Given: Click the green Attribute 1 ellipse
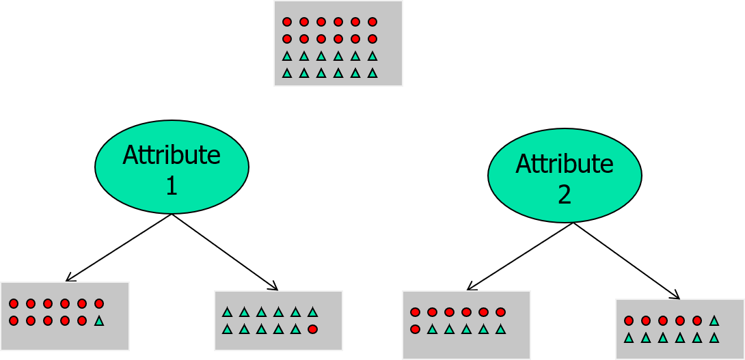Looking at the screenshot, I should click(x=172, y=167).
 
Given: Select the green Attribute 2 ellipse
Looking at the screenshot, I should click(x=565, y=176).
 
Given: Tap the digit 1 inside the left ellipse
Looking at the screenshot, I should click(x=172, y=186).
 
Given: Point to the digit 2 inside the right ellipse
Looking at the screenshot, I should click(x=565, y=195).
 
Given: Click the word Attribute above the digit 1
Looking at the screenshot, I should click(x=172, y=156).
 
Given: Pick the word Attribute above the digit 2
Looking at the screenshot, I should click(x=565, y=165).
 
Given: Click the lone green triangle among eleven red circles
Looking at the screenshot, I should click(x=99, y=320).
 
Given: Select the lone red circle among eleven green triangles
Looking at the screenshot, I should click(x=312, y=329).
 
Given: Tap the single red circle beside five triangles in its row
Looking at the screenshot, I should click(x=415, y=329).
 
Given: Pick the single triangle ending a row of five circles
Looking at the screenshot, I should click(x=714, y=320).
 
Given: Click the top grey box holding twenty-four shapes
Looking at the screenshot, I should click(x=338, y=44).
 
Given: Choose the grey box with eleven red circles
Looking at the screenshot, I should click(x=65, y=316).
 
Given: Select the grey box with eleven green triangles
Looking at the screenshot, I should click(x=278, y=320).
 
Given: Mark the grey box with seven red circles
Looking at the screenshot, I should click(x=466, y=324).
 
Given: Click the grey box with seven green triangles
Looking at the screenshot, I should click(x=680, y=329).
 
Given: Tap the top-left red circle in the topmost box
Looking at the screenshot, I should click(x=287, y=22).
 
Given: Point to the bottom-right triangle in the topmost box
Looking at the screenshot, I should click(x=372, y=73).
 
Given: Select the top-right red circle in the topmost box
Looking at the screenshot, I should click(x=372, y=22).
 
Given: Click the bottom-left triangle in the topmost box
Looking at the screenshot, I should click(x=287, y=73).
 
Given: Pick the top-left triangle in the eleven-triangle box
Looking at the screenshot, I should click(x=227, y=312).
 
